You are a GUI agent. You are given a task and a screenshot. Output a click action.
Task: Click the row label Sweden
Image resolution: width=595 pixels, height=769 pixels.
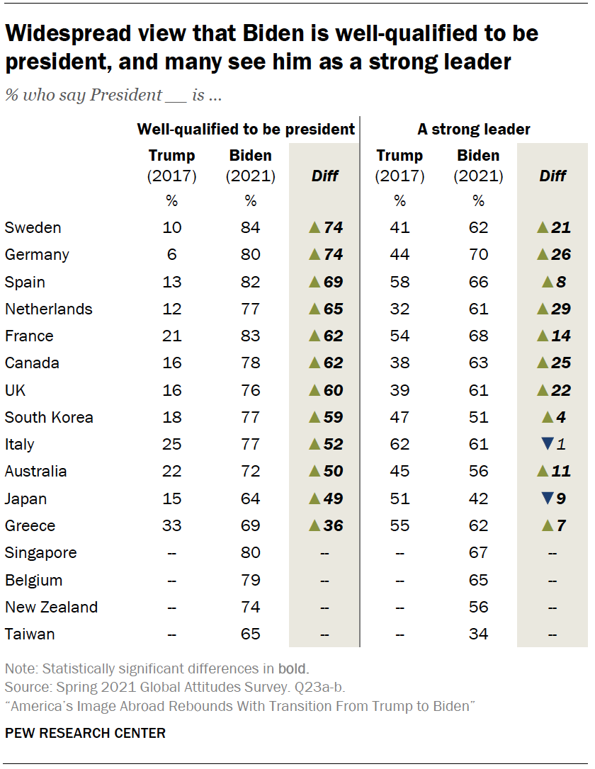[x=33, y=227]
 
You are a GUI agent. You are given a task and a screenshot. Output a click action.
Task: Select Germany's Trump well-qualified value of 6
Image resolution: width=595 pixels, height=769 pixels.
[x=171, y=255]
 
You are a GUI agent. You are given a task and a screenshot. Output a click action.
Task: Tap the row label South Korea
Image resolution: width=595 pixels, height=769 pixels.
[x=49, y=417]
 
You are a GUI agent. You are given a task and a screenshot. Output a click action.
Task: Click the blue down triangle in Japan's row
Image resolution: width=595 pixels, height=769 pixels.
[x=546, y=499]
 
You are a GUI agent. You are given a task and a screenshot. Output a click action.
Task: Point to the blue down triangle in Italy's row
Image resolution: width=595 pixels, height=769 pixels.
[x=546, y=444]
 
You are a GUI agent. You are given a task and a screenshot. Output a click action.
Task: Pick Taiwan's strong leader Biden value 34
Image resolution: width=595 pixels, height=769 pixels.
[x=478, y=634]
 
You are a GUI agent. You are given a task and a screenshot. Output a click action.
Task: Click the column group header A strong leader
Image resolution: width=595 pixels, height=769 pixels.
[x=473, y=129]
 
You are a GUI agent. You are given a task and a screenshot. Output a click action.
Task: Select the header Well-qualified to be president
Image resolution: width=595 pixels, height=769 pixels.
[x=245, y=129]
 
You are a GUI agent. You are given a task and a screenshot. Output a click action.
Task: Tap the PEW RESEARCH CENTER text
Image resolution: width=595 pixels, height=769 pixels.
[x=85, y=733]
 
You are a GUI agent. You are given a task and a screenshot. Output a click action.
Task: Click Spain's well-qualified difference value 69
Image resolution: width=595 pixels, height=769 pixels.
[x=333, y=282]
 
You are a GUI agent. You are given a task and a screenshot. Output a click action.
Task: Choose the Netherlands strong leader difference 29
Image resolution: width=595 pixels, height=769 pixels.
[x=561, y=309]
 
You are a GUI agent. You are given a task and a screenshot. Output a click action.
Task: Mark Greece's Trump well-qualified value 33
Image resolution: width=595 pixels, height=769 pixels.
[x=171, y=525]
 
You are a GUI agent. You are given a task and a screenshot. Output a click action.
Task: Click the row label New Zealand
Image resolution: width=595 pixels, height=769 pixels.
[x=51, y=607]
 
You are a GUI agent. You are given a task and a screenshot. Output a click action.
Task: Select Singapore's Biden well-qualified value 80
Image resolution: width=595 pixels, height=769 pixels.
[x=250, y=552]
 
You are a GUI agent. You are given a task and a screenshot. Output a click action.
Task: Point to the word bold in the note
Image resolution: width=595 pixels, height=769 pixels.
[x=293, y=668]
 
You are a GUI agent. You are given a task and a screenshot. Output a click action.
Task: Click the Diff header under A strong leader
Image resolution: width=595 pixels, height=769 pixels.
[x=553, y=176]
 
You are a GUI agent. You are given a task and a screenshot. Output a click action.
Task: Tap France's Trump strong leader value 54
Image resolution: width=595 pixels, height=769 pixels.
[x=399, y=336]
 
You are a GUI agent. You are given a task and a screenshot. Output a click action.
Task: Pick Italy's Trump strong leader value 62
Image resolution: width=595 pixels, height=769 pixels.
[x=399, y=444]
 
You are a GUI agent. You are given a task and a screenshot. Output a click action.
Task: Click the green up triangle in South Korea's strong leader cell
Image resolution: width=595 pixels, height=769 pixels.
[x=546, y=416]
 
